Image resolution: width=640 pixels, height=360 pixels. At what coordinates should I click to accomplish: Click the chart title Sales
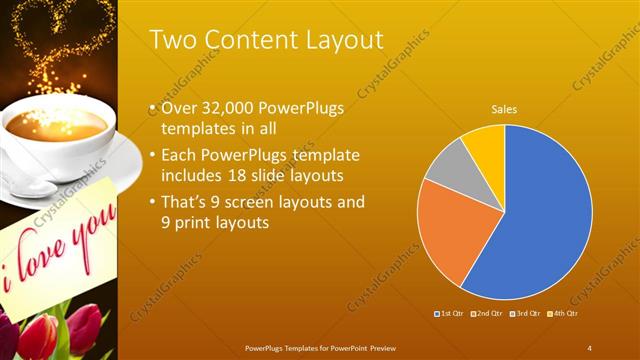[x=503, y=110]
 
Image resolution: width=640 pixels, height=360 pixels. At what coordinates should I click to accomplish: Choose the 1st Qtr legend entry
[x=450, y=314]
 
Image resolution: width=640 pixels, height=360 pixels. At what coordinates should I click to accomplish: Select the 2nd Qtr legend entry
[x=487, y=314]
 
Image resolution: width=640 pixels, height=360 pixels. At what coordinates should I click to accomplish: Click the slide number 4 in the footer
[x=589, y=347]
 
